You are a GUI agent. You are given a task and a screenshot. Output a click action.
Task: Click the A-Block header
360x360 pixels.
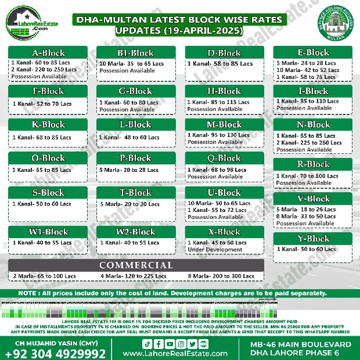pos(48,53)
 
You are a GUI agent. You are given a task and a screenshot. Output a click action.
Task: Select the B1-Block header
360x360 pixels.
pos(136,53)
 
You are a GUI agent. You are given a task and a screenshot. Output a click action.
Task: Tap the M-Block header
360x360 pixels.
pos(224,124)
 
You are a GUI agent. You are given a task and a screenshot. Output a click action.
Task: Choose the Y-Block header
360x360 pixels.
pos(313,238)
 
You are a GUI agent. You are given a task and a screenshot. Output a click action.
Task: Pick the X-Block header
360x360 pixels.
pos(224,232)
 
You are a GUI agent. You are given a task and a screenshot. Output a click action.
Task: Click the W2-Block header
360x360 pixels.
pos(136,232)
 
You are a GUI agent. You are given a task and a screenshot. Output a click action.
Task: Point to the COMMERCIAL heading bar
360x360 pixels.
pos(135,265)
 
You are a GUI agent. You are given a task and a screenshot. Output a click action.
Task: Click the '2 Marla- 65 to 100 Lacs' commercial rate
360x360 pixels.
pos(44,276)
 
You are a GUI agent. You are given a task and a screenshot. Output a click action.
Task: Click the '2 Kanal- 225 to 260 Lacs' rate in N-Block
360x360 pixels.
pos(309,143)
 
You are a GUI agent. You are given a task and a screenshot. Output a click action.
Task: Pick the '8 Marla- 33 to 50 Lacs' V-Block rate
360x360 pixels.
pos(307,217)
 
